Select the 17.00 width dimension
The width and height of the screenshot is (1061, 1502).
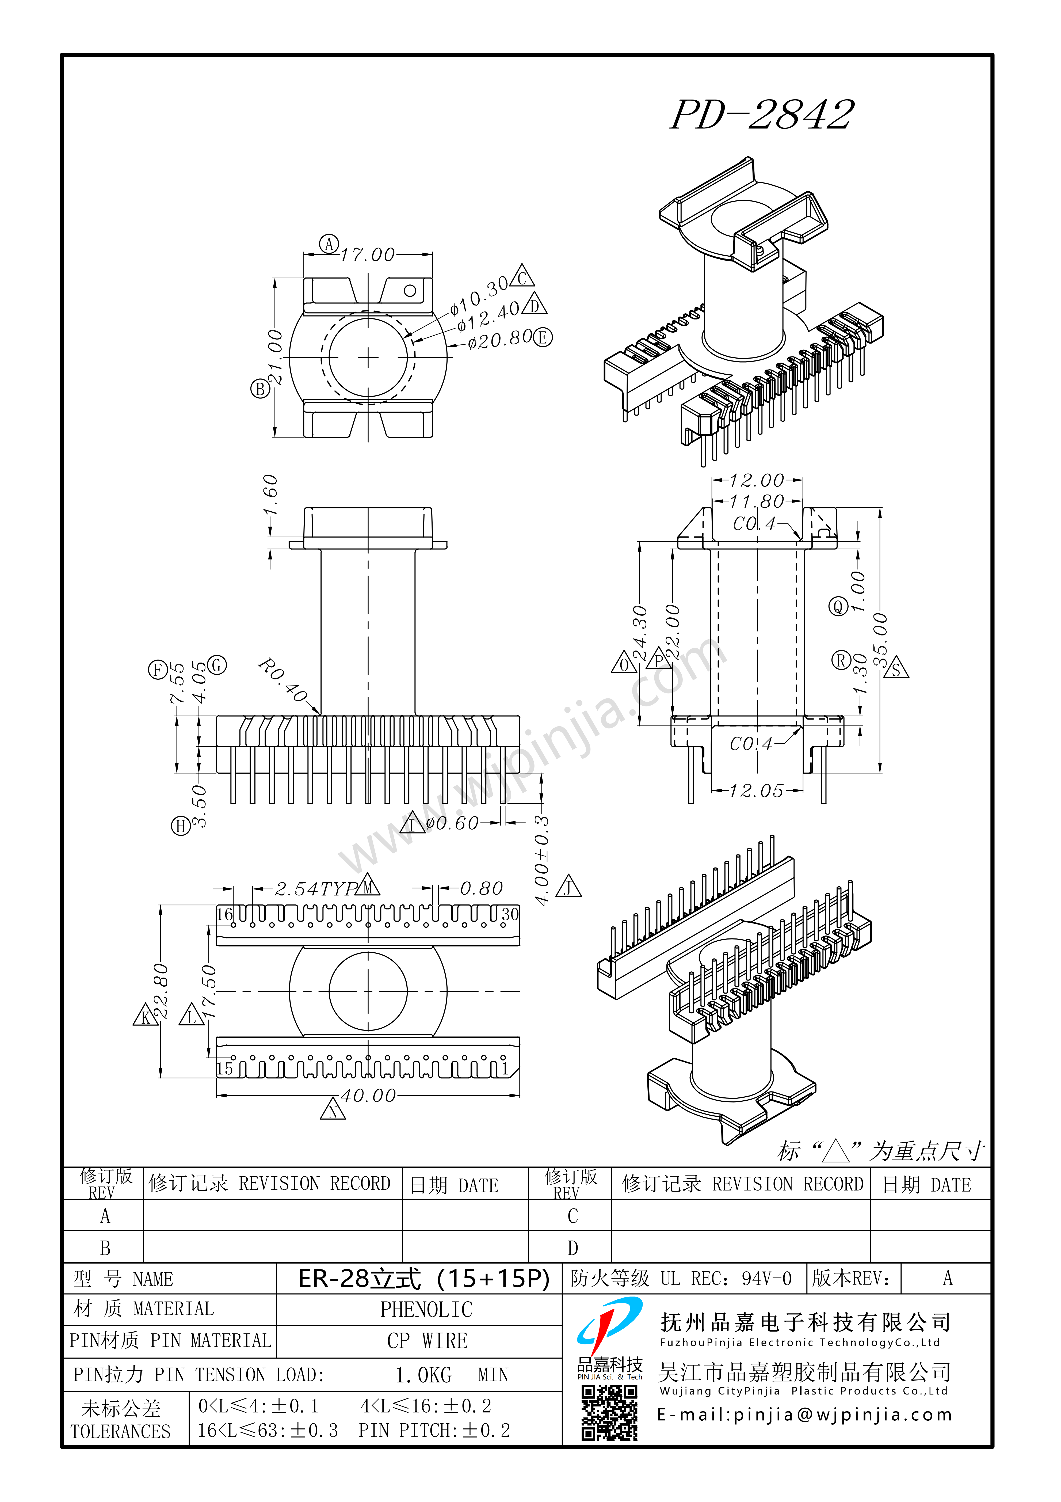pos(368,254)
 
